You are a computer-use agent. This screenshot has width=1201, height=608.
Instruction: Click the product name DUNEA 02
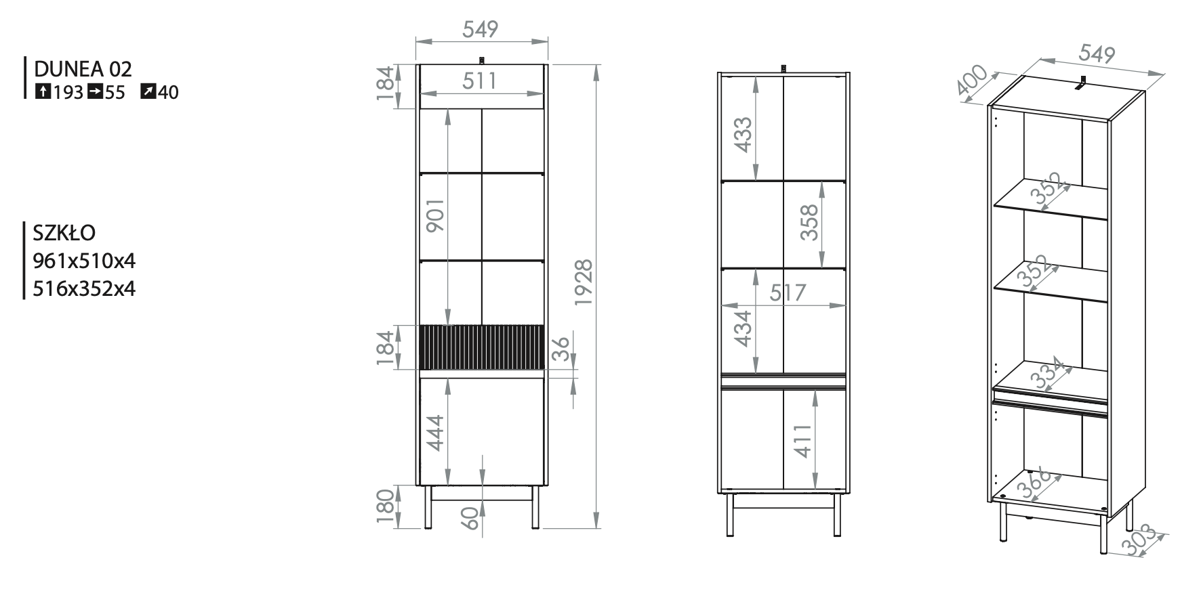coord(83,68)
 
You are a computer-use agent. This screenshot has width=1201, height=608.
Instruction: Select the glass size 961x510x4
coord(85,261)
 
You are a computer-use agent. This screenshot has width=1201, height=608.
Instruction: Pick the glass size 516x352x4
coord(85,289)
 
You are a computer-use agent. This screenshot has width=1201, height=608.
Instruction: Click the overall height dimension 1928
coord(584,282)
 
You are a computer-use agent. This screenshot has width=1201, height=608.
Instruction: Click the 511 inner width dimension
coord(480,81)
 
